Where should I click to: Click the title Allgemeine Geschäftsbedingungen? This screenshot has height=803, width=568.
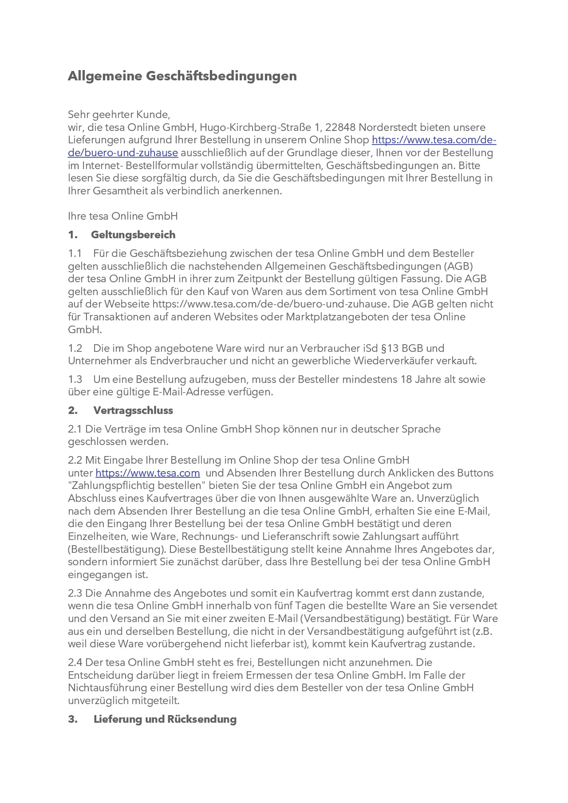point(182,76)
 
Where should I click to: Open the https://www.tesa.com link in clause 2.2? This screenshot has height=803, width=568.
point(148,473)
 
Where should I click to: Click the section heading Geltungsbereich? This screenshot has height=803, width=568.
point(133,235)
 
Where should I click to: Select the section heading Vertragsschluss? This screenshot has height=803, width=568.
point(133,411)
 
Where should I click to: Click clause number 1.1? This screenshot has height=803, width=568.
point(75,254)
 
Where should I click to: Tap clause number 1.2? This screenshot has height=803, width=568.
point(75,348)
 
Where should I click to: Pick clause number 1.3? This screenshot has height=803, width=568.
point(75,379)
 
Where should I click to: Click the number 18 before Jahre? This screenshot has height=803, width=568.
point(406,379)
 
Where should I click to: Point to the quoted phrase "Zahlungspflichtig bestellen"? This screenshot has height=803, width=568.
point(137,486)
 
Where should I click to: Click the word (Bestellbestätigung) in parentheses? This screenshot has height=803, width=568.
point(117,549)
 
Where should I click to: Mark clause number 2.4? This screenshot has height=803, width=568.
point(75,663)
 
